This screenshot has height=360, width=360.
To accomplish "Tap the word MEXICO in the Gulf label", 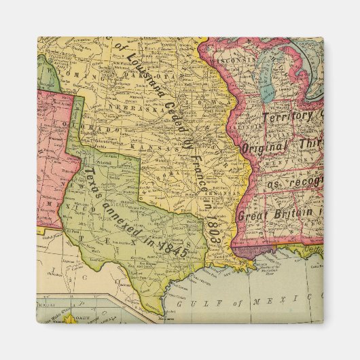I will click(276, 299).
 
